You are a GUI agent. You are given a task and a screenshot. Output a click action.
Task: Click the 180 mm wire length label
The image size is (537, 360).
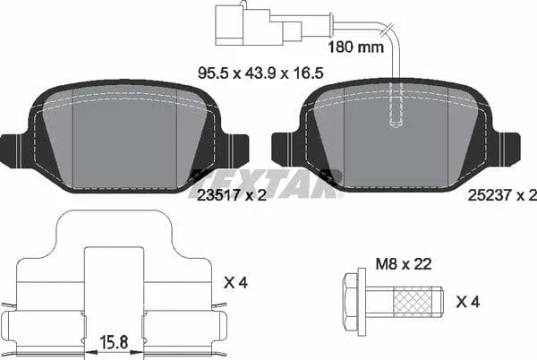[x=356, y=47]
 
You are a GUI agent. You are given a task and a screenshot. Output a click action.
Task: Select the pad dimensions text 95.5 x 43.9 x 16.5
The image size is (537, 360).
[x=260, y=73]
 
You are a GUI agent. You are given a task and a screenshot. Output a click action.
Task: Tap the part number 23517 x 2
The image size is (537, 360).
[x=232, y=195]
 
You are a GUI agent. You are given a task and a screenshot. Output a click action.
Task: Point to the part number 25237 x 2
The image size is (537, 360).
[x=502, y=195]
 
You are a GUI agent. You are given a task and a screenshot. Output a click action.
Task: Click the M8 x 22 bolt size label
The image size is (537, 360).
[x=404, y=264]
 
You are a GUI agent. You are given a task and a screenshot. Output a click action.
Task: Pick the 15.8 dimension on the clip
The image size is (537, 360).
[x=114, y=342]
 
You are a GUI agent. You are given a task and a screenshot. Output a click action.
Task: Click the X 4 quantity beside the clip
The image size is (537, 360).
[x=235, y=283]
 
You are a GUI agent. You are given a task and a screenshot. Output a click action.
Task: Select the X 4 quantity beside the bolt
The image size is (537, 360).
[x=468, y=302]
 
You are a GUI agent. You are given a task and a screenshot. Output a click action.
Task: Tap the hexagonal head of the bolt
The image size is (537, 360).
[x=350, y=302]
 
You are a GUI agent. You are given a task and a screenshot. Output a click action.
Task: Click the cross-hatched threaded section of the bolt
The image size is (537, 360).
[x=412, y=302]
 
